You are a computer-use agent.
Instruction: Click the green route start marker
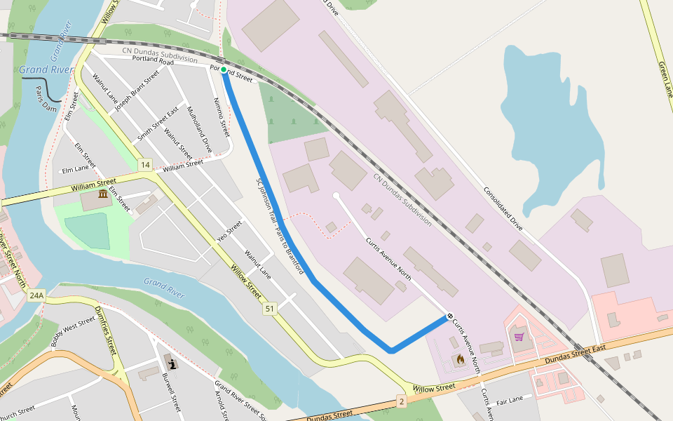(224, 69)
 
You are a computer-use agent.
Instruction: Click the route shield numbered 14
(144, 165)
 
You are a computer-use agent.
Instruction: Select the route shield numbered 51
(270, 308)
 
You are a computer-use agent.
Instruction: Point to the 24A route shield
(36, 296)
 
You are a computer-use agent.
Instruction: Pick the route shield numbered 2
(401, 401)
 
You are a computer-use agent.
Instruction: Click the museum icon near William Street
(103, 194)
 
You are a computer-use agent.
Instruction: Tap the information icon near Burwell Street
(172, 363)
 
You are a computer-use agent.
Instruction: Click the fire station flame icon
(460, 360)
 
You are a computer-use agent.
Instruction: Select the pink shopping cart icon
(519, 337)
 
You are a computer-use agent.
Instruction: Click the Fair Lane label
(510, 401)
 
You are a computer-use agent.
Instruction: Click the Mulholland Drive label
(198, 130)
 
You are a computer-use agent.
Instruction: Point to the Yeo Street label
(229, 231)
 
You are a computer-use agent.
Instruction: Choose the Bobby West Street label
(73, 332)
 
